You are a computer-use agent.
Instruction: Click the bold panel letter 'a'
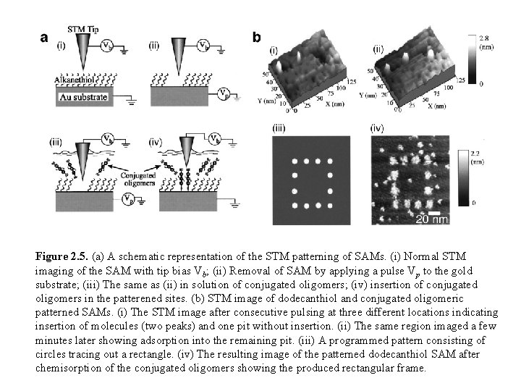click(x=44, y=38)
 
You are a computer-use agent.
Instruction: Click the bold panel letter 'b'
click(x=256, y=37)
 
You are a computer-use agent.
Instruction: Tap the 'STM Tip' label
click(x=80, y=28)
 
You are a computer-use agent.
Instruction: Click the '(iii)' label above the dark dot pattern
click(x=279, y=129)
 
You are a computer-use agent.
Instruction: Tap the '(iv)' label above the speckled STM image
click(x=377, y=129)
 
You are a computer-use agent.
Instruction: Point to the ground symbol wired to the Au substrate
click(x=130, y=101)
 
